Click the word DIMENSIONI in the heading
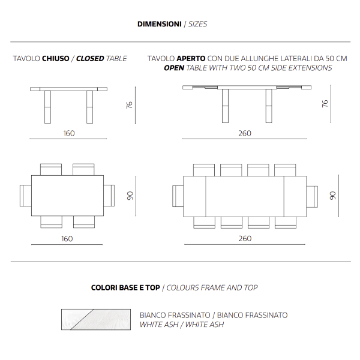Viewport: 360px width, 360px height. pos(159,25)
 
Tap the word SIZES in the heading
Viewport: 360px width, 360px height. pos(198,25)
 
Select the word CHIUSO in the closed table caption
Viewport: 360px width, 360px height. pos(57,59)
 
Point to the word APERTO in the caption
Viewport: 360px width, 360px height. pos(191,59)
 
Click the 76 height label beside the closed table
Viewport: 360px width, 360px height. pos(129,105)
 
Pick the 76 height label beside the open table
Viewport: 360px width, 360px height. pos(325,104)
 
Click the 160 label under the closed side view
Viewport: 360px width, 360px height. pos(69,133)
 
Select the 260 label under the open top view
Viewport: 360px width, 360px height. pos(245,239)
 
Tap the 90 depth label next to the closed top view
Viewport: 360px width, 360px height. pos(129,196)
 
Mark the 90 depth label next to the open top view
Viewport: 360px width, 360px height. pos(333,196)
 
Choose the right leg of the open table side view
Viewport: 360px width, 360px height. pos(263,106)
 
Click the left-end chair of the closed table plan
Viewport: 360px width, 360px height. pos(25,195)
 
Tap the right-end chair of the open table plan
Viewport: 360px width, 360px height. pos(312,196)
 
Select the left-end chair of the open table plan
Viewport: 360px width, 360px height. pos(178,196)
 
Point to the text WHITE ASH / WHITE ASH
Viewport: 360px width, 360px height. pos(181,325)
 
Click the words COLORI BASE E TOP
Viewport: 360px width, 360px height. pos(125,288)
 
